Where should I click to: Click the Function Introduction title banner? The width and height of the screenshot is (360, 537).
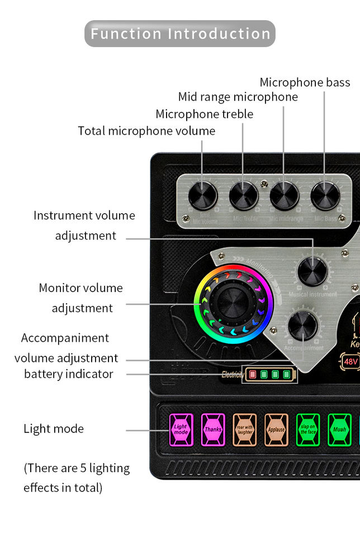(180, 34)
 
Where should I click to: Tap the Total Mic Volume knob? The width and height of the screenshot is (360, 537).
(202, 196)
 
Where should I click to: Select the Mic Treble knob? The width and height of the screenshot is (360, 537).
(244, 196)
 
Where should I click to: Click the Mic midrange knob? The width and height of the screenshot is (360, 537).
(285, 196)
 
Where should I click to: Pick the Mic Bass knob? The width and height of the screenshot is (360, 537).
(325, 196)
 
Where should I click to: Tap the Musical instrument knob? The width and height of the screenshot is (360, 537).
(312, 271)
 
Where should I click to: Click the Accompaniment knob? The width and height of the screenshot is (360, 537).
(303, 326)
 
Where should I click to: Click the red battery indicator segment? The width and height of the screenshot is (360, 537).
(252, 375)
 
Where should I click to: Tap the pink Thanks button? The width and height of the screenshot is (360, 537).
(213, 430)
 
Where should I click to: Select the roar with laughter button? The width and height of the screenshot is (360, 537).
(245, 430)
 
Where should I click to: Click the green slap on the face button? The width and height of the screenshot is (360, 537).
(308, 430)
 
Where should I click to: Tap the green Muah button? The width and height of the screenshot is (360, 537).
(339, 430)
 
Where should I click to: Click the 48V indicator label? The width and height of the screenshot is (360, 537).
(350, 361)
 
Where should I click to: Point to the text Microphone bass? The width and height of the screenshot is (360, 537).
(305, 83)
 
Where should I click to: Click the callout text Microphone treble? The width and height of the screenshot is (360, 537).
(204, 114)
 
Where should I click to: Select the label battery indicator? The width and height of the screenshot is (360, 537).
(68, 374)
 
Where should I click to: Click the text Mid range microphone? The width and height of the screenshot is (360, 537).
(238, 97)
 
